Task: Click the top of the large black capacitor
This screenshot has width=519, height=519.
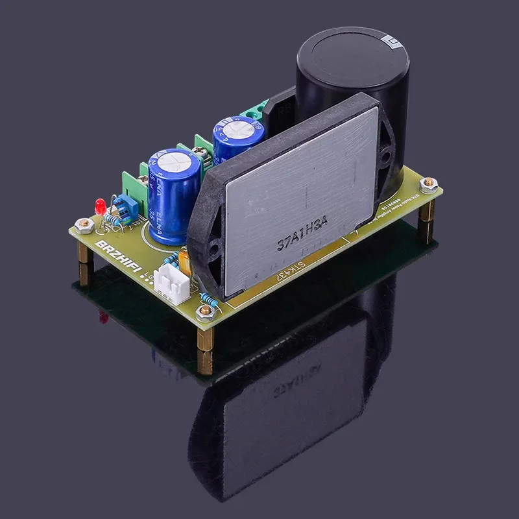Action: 353,51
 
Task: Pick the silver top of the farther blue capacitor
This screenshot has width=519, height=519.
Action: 237,128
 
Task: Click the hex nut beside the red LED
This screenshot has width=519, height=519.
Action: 82,225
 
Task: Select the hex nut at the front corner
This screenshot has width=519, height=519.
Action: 206,315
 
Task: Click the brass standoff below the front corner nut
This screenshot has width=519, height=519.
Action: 206,347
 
